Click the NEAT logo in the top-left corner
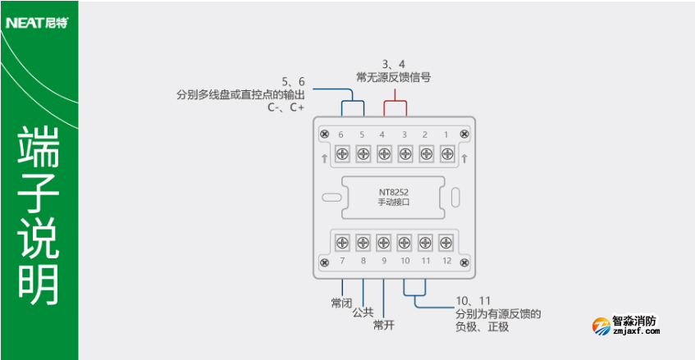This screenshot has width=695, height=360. (37, 23)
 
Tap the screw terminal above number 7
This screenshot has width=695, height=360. (341, 242)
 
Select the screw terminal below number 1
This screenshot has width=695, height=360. (446, 153)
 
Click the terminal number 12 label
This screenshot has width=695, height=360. (446, 261)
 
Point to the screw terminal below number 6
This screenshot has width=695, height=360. (341, 153)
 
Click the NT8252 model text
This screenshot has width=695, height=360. (394, 194)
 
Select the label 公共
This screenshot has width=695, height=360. (363, 312)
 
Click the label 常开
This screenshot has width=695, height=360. (384, 326)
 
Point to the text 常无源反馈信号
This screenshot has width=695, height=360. (394, 77)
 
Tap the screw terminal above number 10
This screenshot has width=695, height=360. (405, 242)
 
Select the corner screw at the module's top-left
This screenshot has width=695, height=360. (325, 134)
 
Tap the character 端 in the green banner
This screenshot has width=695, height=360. (39, 148)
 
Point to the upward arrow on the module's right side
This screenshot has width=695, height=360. (464, 157)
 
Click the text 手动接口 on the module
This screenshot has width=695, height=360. (394, 203)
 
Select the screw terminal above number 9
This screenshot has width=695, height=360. (383, 242)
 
